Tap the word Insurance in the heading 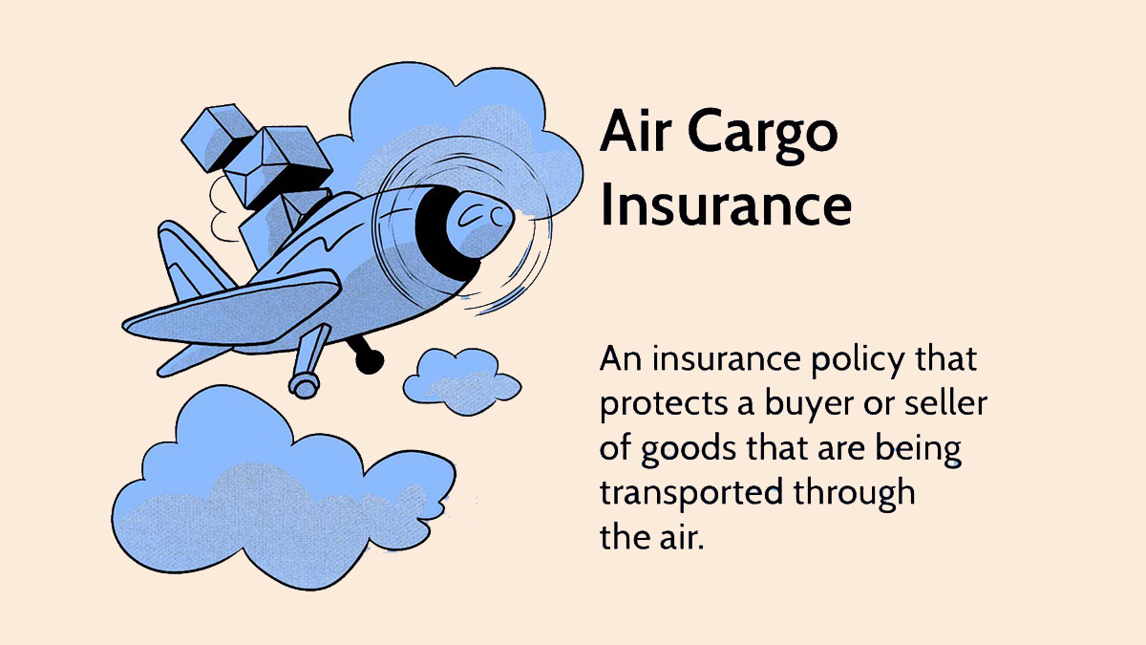pos(726,204)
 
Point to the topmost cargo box pos(219,138)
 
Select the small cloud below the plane pos(461,381)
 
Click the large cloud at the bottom pos(283,491)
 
